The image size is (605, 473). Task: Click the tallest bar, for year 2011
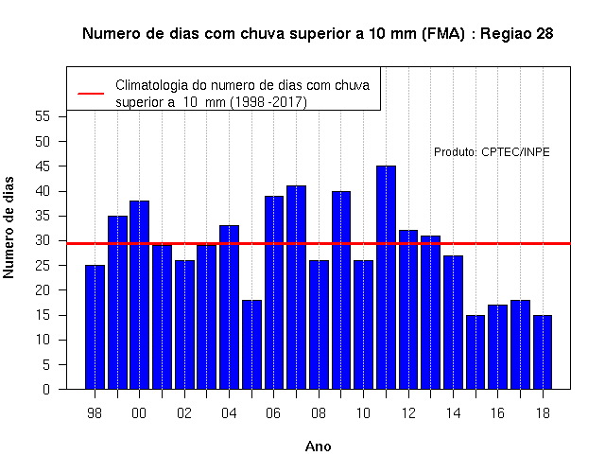point(387,277)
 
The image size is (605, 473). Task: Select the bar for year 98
point(95,327)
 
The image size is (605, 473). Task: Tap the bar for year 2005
point(252,344)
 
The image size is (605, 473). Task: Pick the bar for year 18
point(543,352)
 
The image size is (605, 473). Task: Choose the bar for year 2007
point(296,288)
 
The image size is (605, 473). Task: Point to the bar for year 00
point(139,294)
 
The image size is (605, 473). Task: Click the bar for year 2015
point(475,352)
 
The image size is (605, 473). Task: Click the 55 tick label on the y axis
point(43,116)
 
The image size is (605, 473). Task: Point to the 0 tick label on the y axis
point(46,389)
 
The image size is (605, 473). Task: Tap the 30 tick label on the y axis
point(43,240)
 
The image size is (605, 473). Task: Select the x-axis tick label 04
point(229,413)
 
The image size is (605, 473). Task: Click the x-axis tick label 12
point(408,413)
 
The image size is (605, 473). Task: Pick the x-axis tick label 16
point(498,413)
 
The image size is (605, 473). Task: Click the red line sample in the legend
point(91,94)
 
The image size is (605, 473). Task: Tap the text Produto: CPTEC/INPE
point(492,152)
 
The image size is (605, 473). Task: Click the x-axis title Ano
point(318,447)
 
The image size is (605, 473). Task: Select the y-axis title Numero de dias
point(9,227)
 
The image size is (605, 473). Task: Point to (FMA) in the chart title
point(443,34)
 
